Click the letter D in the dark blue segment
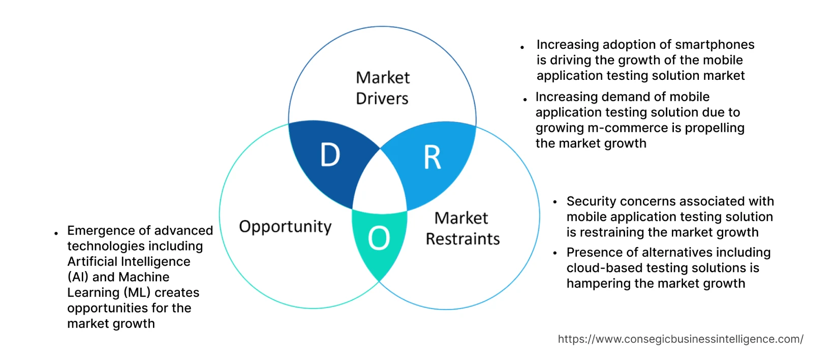pos(330,155)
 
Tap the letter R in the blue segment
pos(433,158)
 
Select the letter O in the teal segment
pos(379,238)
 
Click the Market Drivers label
pos(382,87)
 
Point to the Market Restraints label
pos(462,228)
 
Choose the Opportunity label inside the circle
pos(285,226)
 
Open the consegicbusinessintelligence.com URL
pos(681,339)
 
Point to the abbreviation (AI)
pos(78,277)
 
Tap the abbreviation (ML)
pos(137,293)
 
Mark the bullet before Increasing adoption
pos(522,47)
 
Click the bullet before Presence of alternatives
pos(555,253)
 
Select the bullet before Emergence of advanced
pos(56,233)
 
